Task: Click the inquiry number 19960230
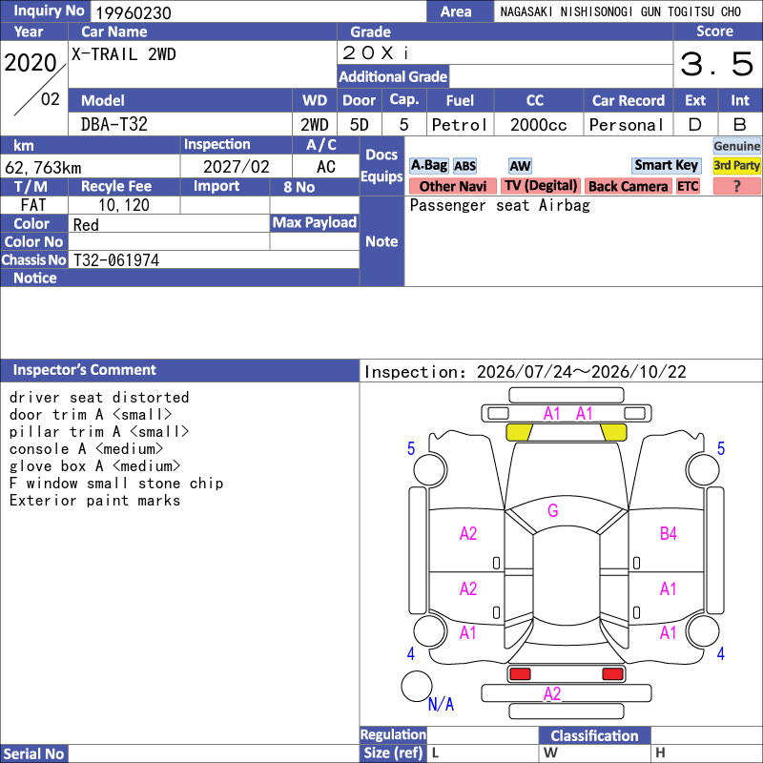[134, 12]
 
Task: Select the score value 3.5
[717, 64]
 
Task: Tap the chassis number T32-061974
[115, 259]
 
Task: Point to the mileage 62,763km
[43, 168]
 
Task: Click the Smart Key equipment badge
[666, 165]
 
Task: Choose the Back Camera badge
[628, 186]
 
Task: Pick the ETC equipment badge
[688, 186]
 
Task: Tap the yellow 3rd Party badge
[736, 165]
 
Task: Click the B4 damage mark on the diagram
[669, 534]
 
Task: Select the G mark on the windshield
[553, 510]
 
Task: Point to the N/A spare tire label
[441, 704]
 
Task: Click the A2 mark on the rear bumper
[552, 693]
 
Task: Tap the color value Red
[86, 225]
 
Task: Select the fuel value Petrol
[459, 125]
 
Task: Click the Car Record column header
[628, 100]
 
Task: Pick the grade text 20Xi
[376, 52]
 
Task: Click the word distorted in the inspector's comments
[151, 397]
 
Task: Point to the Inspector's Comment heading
[85, 370]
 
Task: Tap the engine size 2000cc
[538, 125]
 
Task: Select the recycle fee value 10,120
[124, 205]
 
